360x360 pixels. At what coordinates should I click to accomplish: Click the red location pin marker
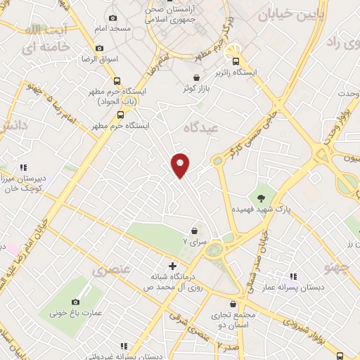(181, 165)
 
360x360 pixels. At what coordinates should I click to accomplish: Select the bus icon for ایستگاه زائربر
(236, 61)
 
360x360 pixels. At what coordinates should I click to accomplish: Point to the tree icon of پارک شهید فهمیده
(261, 198)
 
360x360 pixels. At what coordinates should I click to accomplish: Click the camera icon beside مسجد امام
(113, 18)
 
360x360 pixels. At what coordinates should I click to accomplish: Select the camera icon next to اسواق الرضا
(99, 48)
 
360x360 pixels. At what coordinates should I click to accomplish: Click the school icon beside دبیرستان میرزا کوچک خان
(23, 168)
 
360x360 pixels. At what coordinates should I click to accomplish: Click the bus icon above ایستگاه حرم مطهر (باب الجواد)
(116, 80)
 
